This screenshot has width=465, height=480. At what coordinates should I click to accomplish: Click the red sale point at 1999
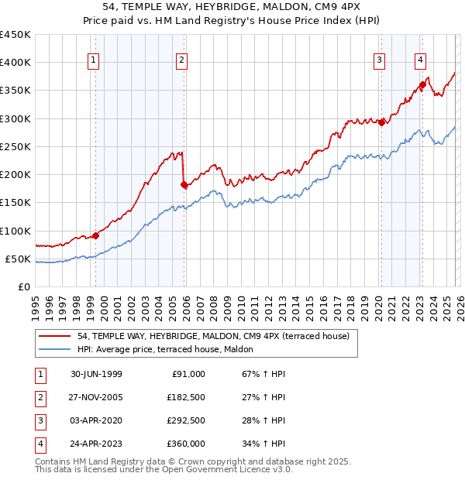click(x=96, y=235)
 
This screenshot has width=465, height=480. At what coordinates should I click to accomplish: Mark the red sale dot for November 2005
click(x=184, y=184)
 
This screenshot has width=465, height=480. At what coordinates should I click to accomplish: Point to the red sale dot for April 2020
click(x=381, y=122)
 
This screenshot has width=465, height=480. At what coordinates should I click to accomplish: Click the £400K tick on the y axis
click(x=15, y=63)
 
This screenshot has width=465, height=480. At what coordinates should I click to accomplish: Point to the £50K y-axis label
click(x=18, y=259)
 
